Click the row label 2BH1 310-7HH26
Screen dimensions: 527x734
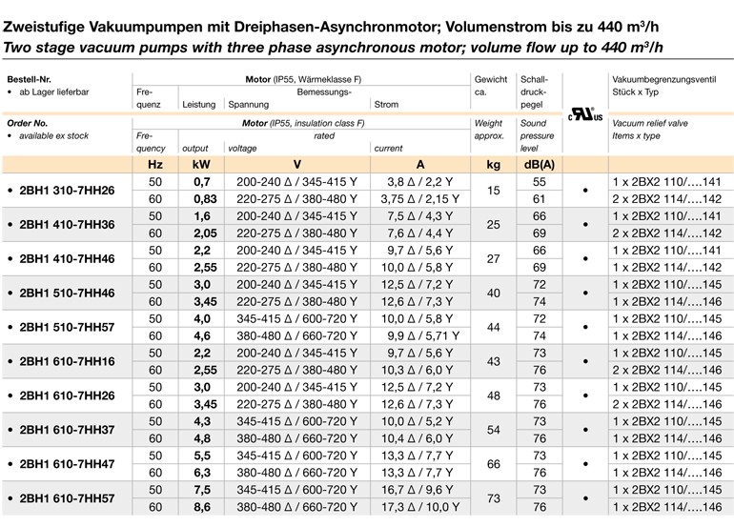click(x=67, y=191)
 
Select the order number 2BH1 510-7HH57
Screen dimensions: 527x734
click(x=67, y=327)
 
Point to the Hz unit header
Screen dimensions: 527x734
click(x=154, y=164)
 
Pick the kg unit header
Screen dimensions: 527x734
click(x=493, y=164)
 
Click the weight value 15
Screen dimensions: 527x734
click(x=493, y=191)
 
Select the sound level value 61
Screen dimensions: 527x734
click(x=539, y=199)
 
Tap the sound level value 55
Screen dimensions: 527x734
click(x=539, y=181)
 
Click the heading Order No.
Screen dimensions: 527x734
click(x=28, y=124)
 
